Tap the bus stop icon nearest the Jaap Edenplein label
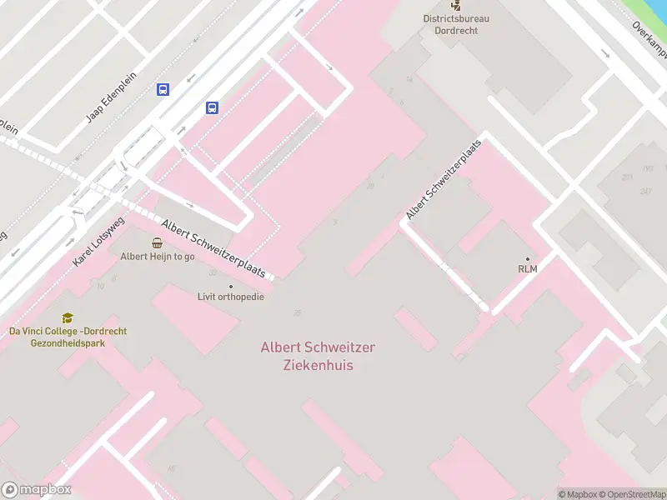click(x=163, y=90)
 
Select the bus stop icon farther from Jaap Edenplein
click(x=213, y=107)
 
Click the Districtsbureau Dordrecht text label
click(x=456, y=24)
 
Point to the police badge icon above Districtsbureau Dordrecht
click(x=456, y=4)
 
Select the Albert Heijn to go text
click(x=158, y=257)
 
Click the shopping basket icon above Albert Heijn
click(x=158, y=242)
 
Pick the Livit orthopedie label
click(x=231, y=297)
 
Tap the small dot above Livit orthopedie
click(x=231, y=286)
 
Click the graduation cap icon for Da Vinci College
click(x=68, y=317)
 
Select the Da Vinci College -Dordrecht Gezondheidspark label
click(x=68, y=337)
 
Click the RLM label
click(x=527, y=268)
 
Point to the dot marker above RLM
click(x=527, y=258)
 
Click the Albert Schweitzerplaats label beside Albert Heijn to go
click(x=213, y=249)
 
